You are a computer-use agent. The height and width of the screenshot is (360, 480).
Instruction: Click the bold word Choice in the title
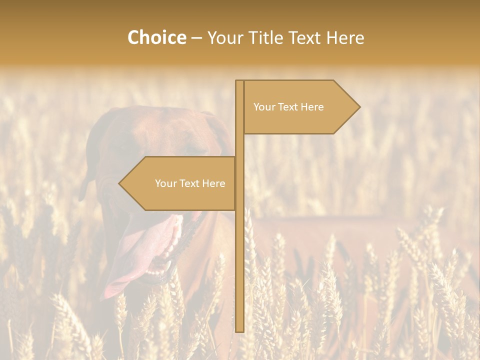[156, 37]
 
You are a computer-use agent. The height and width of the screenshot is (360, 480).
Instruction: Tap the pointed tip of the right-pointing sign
[358, 106]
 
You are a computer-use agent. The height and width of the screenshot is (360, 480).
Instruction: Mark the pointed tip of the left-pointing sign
[120, 183]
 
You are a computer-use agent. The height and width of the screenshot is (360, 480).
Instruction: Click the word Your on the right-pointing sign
[264, 107]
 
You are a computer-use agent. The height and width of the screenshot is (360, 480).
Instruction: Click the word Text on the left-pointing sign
[189, 183]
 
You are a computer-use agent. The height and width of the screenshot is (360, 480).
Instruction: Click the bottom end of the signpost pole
[239, 329]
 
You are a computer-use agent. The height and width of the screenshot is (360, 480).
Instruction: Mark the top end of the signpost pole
[239, 81]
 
